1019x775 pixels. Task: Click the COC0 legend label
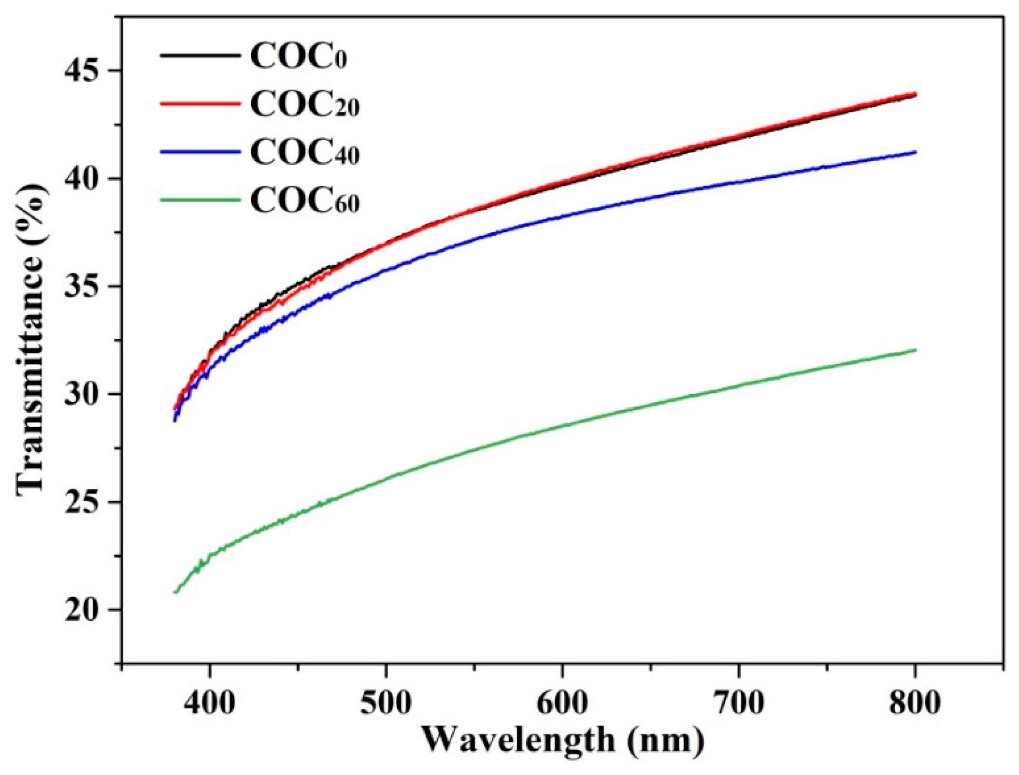[x=298, y=57]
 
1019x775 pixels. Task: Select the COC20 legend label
[x=304, y=105]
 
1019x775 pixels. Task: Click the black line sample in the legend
[x=200, y=56]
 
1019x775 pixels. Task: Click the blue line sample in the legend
[x=200, y=152]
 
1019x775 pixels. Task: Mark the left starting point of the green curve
[x=175, y=592]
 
